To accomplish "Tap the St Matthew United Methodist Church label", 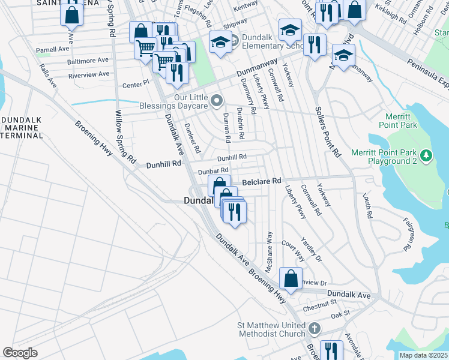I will pyautogui.click(x=271, y=329).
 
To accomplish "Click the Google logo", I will pyautogui.click(x=20, y=353).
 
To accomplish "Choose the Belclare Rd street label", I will pyautogui.click(x=261, y=181).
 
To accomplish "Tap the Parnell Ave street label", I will pyautogui.click(x=52, y=49).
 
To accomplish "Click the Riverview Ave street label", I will pyautogui.click(x=89, y=74).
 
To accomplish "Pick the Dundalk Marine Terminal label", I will pyautogui.click(x=22, y=128).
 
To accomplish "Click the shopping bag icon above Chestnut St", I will pyautogui.click(x=291, y=278).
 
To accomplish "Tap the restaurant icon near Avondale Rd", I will pyautogui.click(x=331, y=349).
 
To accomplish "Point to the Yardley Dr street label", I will pyautogui.click(x=315, y=250).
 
